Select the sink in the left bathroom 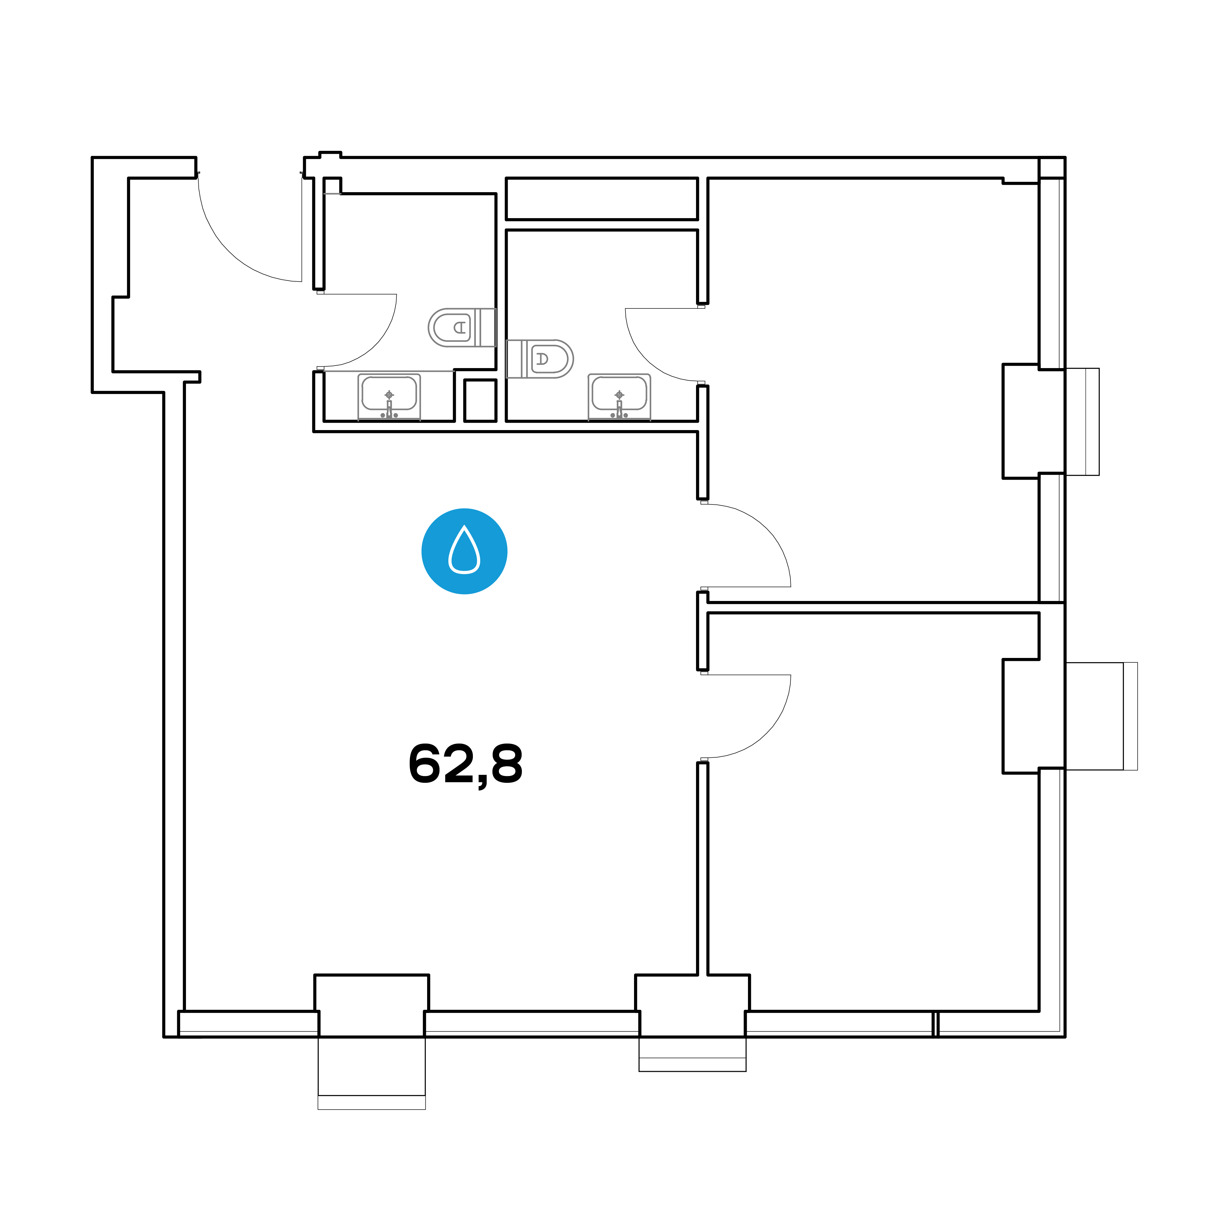pos(389,397)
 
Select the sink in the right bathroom pos(619,397)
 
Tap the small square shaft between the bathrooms pos(480,401)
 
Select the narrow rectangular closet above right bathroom pos(602,199)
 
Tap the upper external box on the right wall pos(1082,422)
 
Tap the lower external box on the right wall pos(1101,716)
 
